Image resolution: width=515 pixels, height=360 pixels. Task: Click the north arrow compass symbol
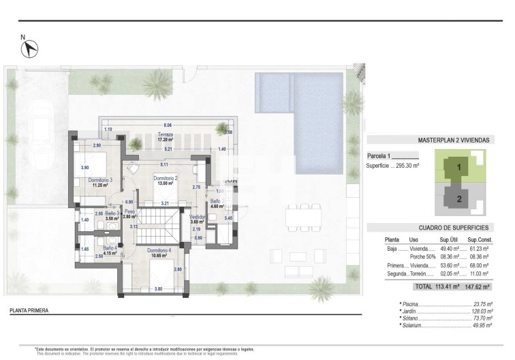pos(29,48)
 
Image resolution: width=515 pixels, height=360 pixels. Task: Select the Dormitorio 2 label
pos(166,180)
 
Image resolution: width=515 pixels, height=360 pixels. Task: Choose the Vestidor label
pos(197,218)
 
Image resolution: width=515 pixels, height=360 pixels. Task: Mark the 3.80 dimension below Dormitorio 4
pos(158,289)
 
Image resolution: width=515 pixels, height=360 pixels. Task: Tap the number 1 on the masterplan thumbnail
pos(459,166)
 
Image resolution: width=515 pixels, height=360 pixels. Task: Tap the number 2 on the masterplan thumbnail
pos(459,199)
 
